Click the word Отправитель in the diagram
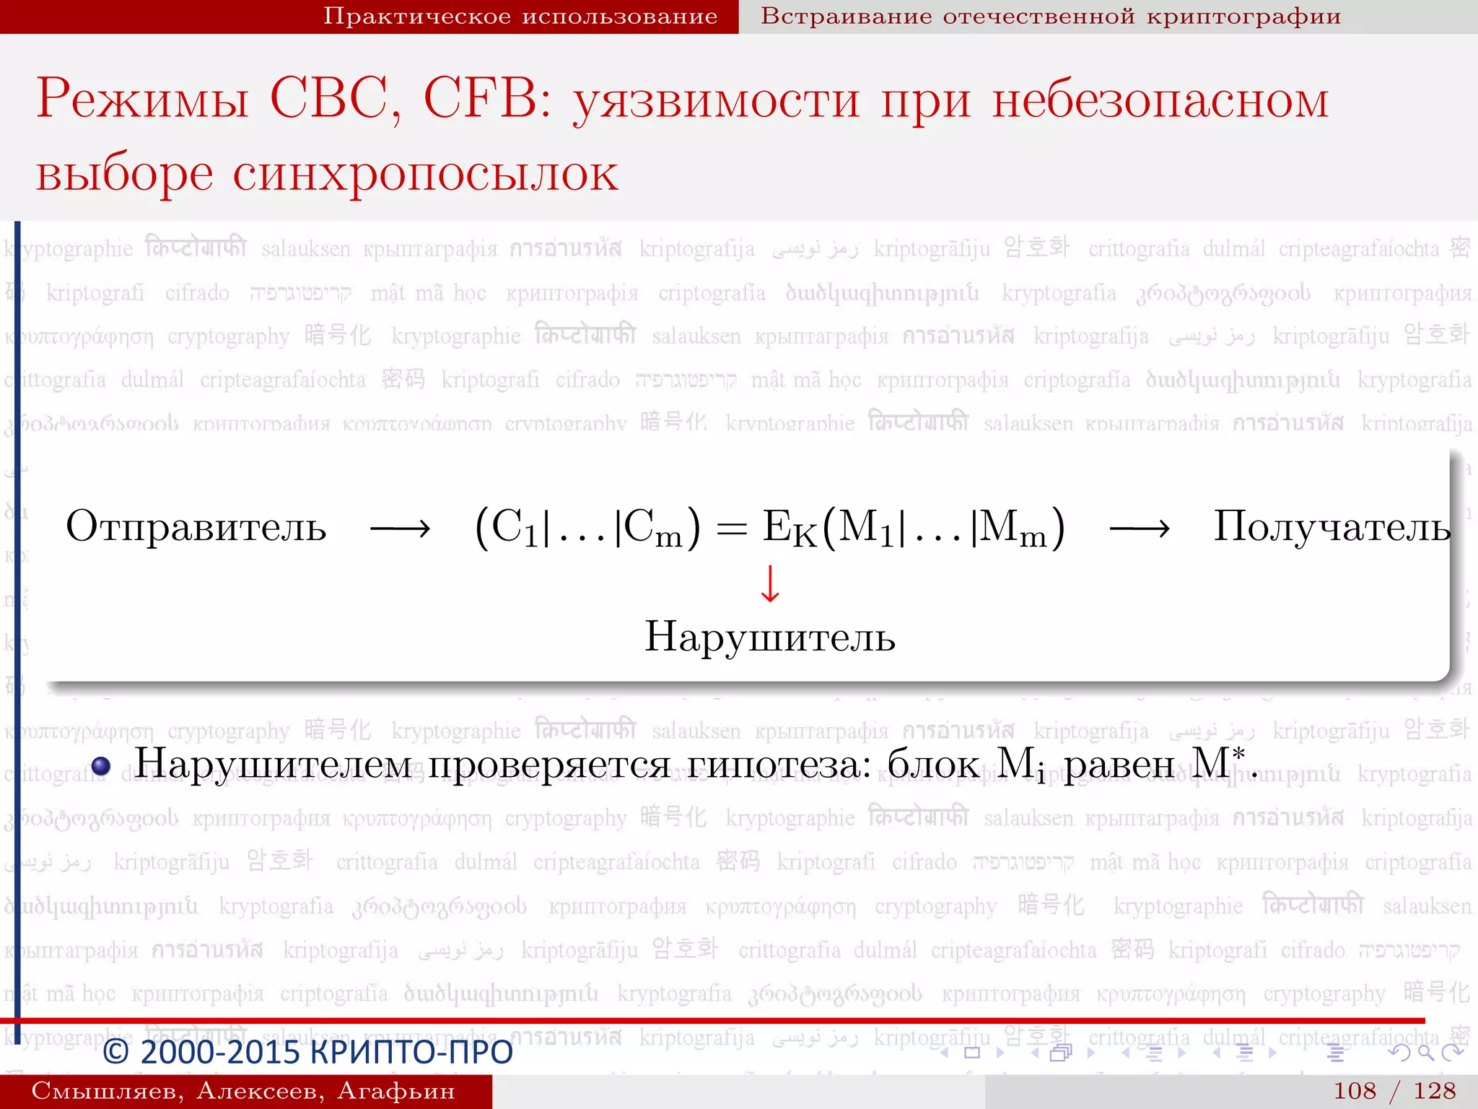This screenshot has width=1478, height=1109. pos(196,527)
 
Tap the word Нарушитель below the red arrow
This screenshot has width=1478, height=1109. pos(770,638)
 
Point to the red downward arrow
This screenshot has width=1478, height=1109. pos(770,583)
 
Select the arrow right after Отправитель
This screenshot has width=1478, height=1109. pos(401,530)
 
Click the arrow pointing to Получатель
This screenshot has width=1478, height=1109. pos(1140,530)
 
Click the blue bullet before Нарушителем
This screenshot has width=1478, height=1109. pos(101,765)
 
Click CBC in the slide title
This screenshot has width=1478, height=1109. pos(336,99)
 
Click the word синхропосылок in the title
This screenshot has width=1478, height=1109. pos(425,174)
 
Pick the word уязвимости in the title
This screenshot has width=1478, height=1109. pos(717,101)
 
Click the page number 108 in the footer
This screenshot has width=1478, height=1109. pos(1355,1091)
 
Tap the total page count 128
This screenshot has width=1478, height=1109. pos(1435,1091)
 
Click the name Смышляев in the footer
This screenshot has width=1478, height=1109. pos(107,1091)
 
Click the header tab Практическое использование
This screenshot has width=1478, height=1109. pos(520,16)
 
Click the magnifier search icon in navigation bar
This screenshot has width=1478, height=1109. pos(1425,1053)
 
